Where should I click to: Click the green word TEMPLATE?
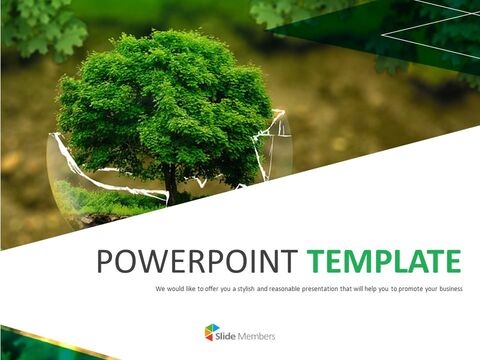coord(384,262)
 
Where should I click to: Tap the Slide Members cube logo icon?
coord(211,333)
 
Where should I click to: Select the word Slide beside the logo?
coord(229,334)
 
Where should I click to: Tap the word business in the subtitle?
coord(445,288)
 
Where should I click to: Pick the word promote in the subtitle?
coord(400,288)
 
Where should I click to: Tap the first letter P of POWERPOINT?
coord(105,262)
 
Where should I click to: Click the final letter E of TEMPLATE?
coord(452,262)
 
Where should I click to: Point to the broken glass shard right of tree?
coord(277,150)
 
